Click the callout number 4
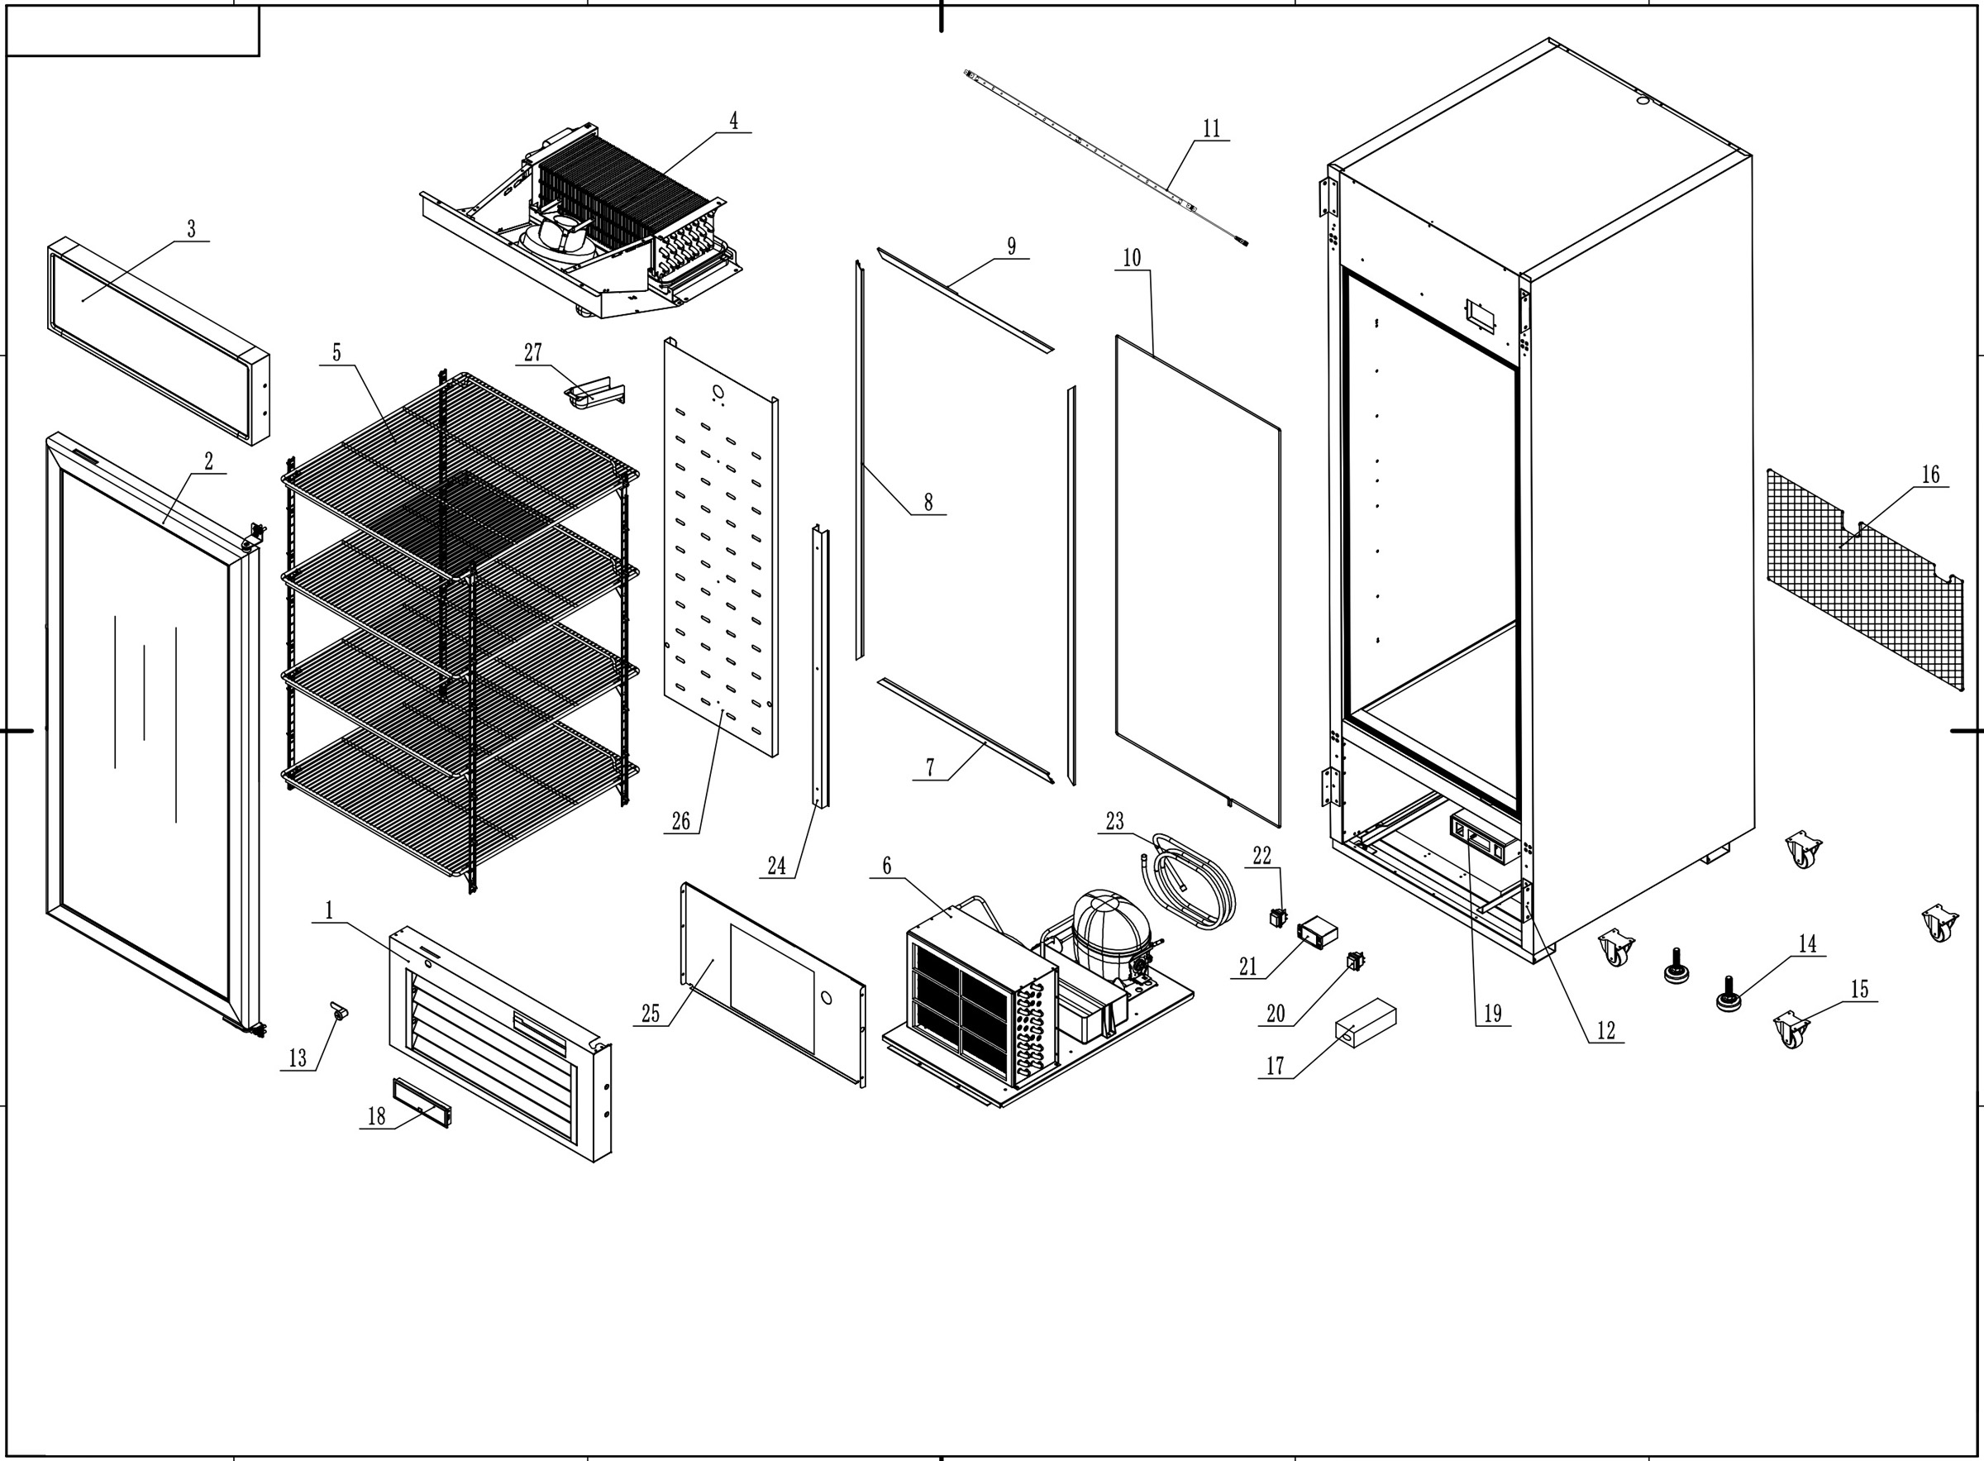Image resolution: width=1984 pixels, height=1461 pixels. tap(733, 120)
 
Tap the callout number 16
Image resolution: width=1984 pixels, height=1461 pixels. tap(1930, 475)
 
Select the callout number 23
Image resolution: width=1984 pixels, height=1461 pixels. tap(1115, 821)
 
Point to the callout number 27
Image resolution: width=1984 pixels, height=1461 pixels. tap(533, 352)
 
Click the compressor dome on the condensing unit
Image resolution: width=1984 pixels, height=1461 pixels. tap(1110, 929)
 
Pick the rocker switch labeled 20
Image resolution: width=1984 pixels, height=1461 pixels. tap(1356, 960)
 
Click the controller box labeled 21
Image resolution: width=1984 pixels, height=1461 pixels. tap(1317, 930)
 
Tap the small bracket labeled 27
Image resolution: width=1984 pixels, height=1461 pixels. tap(594, 391)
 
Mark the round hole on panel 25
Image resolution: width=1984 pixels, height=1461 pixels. tap(826, 998)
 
